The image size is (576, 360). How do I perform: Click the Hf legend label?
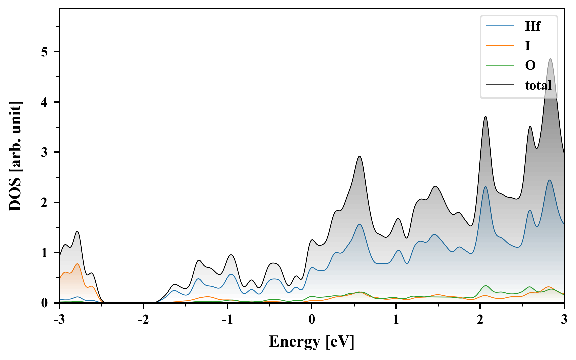click(532, 26)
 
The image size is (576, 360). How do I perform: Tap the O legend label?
click(530, 65)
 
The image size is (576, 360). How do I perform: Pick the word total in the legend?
click(538, 85)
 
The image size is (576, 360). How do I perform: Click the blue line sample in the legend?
click(500, 26)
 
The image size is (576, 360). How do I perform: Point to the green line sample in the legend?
click(500, 65)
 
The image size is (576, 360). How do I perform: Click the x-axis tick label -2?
click(143, 320)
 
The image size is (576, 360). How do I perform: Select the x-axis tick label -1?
click(227, 320)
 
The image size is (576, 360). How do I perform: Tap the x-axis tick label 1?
click(396, 320)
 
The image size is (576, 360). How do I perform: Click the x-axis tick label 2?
click(480, 320)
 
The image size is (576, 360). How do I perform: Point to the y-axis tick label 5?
click(45, 52)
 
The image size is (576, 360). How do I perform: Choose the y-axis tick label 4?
click(45, 102)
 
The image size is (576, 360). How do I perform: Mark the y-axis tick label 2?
click(45, 203)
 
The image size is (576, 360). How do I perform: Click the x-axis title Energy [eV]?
click(312, 342)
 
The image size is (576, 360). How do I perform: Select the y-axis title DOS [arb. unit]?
click(15, 156)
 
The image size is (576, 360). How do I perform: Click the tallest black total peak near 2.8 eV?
click(550, 59)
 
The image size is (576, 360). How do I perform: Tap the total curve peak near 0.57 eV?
click(359, 156)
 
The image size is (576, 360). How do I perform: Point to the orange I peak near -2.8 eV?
click(77, 264)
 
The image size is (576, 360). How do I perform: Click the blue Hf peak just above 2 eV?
click(486, 187)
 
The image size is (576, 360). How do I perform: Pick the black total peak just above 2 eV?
click(486, 116)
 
